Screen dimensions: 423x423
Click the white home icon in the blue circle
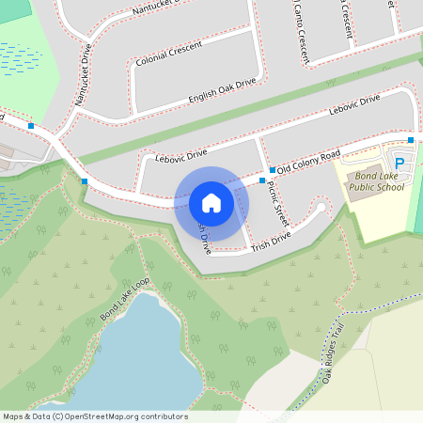(211, 202)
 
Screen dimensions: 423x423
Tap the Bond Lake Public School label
(376, 181)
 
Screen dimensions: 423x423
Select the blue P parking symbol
(399, 164)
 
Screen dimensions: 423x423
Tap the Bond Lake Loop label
(125, 300)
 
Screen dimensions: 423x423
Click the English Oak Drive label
(222, 89)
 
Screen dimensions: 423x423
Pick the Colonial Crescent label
(169, 62)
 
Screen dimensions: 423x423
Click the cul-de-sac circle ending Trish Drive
(321, 208)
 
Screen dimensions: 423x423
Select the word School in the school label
(389, 187)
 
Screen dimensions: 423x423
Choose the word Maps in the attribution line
(14, 416)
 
